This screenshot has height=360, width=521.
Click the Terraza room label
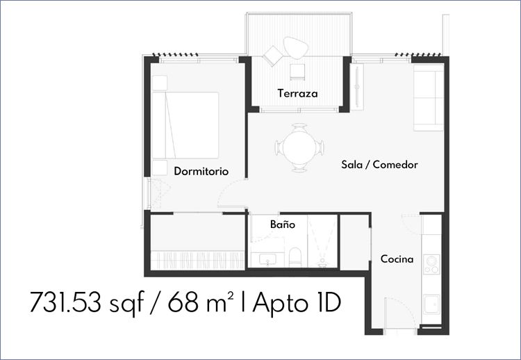click(297, 93)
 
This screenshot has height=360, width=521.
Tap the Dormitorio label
click(201, 171)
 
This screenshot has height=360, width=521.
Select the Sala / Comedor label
click(379, 165)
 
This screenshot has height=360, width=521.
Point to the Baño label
click(283, 224)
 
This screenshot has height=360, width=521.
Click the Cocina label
click(397, 259)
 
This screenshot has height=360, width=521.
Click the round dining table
click(299, 147)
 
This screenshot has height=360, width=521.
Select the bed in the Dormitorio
click(185, 125)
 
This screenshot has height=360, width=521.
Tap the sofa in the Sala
click(429, 97)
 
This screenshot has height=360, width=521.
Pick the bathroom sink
click(267, 260)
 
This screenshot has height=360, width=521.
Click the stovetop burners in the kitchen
click(431, 265)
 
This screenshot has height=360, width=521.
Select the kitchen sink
click(432, 305)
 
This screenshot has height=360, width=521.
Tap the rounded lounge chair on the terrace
click(295, 47)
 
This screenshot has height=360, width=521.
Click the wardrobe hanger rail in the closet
click(197, 260)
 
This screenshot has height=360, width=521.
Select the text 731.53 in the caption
click(65, 302)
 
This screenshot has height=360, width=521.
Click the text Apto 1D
click(297, 302)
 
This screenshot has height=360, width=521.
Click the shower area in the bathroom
click(322, 241)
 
